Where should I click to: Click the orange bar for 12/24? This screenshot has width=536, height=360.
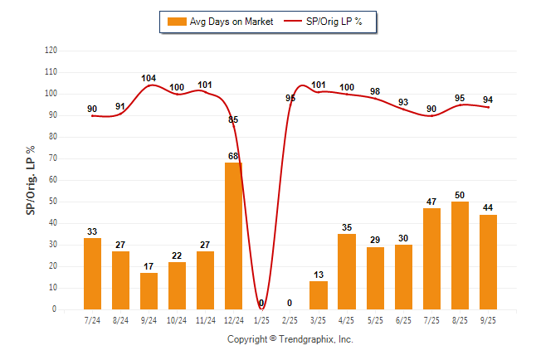click(x=233, y=236)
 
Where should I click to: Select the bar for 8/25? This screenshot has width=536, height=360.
click(x=459, y=255)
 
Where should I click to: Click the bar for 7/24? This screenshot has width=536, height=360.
click(x=92, y=274)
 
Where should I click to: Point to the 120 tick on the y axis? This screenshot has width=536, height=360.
click(x=51, y=51)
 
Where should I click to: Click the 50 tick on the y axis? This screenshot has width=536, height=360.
click(x=53, y=202)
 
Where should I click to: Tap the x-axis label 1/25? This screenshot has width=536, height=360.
click(x=261, y=319)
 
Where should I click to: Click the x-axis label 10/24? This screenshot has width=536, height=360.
click(x=177, y=319)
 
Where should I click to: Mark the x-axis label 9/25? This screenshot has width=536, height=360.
click(x=487, y=319)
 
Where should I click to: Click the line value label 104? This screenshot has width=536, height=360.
click(x=149, y=79)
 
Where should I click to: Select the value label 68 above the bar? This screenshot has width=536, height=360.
click(x=233, y=156)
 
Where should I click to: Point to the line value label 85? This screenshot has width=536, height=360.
click(x=233, y=119)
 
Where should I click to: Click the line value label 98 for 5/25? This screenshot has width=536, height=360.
click(x=374, y=91)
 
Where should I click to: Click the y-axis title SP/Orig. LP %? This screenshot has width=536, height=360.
click(x=31, y=179)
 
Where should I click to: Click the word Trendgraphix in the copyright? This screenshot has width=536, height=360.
click(x=307, y=339)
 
